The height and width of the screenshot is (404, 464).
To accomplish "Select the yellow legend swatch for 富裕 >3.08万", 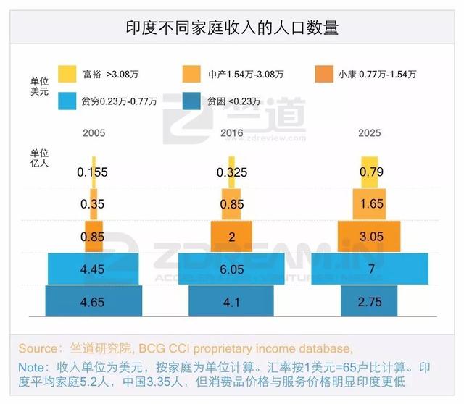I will coord(67,74).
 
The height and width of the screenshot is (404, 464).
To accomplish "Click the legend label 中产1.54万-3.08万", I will coord(244,74).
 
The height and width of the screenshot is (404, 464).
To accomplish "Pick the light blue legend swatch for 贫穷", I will coord(67,101).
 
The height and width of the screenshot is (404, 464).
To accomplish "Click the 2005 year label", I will coord(93,133).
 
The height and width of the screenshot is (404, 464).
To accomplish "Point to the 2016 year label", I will coord(231,133).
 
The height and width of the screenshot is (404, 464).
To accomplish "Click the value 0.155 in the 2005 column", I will coord(93,173).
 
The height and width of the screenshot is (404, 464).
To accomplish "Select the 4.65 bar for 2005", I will coord(93,300).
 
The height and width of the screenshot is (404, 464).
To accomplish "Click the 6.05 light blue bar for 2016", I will coord(231,269).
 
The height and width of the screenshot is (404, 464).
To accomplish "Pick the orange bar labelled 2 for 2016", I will coord(231,237).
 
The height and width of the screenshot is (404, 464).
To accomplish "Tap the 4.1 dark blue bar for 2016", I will coord(231,300).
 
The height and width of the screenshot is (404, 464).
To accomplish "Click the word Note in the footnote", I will coord(32,366).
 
